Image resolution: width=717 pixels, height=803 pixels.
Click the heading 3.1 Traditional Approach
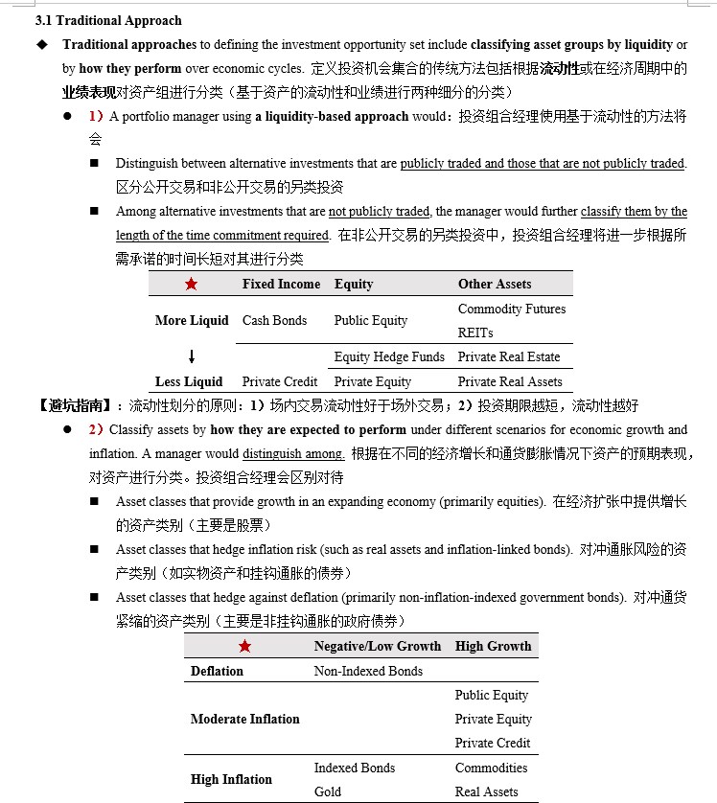pos(107,20)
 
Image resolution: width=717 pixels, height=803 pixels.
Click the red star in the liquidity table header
pos(191,285)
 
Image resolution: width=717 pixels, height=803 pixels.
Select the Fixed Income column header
pos(281,285)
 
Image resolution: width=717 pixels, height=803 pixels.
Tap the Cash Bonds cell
pos(274,321)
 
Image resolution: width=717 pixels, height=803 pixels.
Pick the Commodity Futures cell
pos(512,310)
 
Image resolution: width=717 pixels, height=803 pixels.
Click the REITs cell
pos(475,333)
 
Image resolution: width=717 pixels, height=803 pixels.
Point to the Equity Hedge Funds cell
pos(389,357)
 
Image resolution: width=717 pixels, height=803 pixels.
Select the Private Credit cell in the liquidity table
pos(280,381)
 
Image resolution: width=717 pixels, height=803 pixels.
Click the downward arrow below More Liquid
pos(192,357)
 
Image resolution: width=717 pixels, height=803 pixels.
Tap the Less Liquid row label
pos(189,381)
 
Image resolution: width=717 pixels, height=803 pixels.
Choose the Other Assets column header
pos(495,285)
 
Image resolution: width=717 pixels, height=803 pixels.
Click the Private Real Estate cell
pos(509,357)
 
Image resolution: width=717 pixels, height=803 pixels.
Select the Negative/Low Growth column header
pos(378,647)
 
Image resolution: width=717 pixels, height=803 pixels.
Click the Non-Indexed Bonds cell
pos(368,672)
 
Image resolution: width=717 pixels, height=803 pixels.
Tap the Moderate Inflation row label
pos(245,720)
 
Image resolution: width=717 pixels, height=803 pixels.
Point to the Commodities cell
pos(491,769)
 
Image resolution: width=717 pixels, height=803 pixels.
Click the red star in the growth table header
pos(244,647)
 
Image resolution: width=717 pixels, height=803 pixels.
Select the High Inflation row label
pos(231,780)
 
